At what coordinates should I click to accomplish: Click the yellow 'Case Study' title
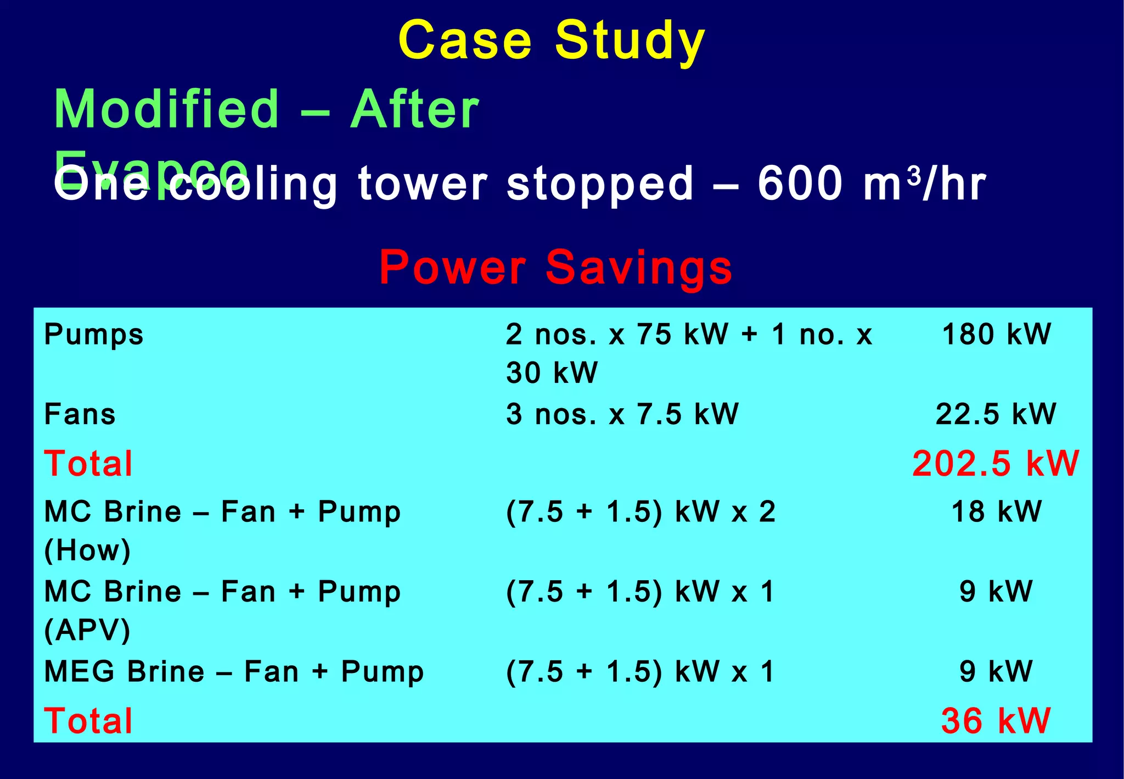pyautogui.click(x=552, y=41)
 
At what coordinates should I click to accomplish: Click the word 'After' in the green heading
pyautogui.click(x=415, y=109)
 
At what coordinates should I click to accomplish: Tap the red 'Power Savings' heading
pyautogui.click(x=555, y=268)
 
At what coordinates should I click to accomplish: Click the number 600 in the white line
pyautogui.click(x=800, y=184)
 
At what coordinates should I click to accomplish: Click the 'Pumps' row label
pyautogui.click(x=94, y=335)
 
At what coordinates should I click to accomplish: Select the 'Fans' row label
pyautogui.click(x=80, y=414)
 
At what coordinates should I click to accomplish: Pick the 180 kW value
pyautogui.click(x=996, y=335)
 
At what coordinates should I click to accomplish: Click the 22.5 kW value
pyautogui.click(x=996, y=414)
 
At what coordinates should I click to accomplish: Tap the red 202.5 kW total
pyautogui.click(x=996, y=463)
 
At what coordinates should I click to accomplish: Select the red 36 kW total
pyautogui.click(x=996, y=721)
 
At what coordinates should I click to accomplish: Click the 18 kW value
pyautogui.click(x=996, y=512)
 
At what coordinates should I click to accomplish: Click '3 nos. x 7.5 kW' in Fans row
pyautogui.click(x=622, y=414)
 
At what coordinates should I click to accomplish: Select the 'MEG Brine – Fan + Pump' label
pyautogui.click(x=234, y=672)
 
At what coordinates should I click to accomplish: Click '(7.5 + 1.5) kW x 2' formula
pyautogui.click(x=640, y=512)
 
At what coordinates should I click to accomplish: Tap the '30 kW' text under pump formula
pyautogui.click(x=552, y=372)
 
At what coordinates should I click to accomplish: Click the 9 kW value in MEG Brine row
pyautogui.click(x=996, y=672)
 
